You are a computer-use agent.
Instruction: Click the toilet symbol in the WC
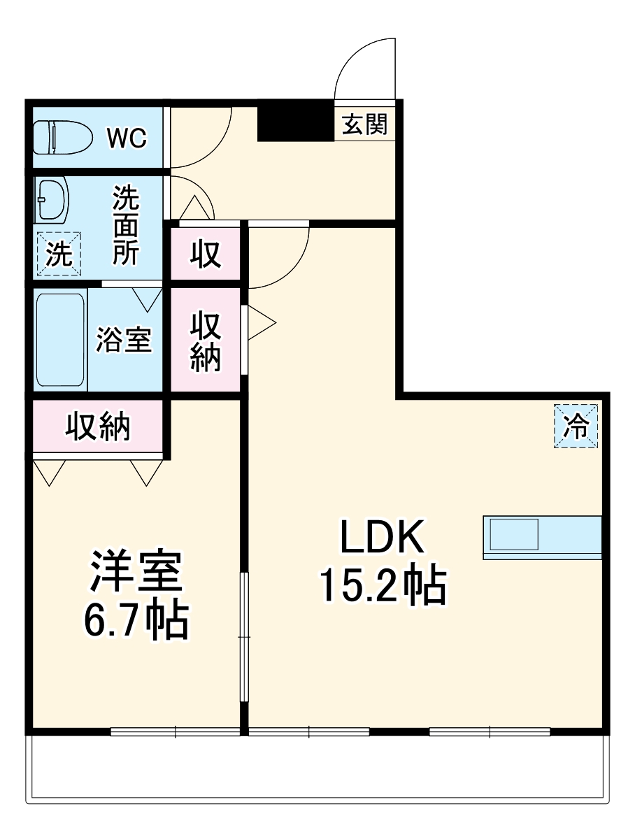pos(62,138)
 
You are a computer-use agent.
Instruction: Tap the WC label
pos(127,138)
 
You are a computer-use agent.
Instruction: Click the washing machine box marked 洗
pos(59,254)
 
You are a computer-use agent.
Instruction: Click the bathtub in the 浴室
pos(61,340)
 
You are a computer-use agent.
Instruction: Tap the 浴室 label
pos(124,340)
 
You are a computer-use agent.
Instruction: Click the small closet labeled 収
pos(206,254)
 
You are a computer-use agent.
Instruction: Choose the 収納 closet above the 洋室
pos(98,426)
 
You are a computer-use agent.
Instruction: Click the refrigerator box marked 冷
pos(577,426)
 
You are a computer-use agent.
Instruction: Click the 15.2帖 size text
pos(383,586)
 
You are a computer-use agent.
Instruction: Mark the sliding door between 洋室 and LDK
pos(244,636)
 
